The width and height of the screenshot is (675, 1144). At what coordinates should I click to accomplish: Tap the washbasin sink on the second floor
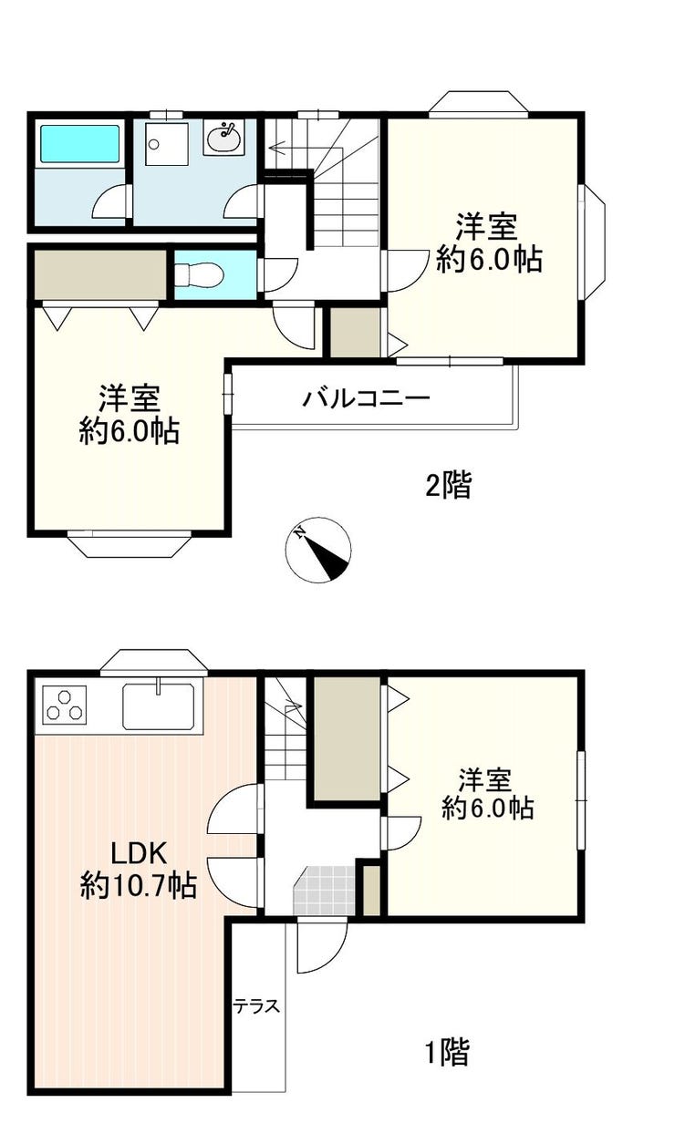point(223,138)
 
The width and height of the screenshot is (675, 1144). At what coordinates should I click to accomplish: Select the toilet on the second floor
point(199,274)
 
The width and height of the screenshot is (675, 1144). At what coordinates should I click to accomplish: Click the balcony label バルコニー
point(366,397)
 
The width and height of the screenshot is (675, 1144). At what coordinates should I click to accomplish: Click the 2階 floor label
point(449,485)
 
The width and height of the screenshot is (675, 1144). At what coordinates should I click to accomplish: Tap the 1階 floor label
point(448,1052)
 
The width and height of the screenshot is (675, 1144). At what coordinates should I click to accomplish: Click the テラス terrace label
point(257,1005)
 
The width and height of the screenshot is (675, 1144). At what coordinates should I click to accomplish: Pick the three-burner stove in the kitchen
point(64,705)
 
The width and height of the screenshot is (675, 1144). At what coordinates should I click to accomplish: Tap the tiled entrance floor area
point(324,891)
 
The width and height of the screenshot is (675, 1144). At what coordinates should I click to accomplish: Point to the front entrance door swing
point(322,945)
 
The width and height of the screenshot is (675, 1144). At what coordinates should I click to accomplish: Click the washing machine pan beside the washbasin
point(165,143)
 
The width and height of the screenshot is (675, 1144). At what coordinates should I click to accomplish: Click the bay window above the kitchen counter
point(154,663)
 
